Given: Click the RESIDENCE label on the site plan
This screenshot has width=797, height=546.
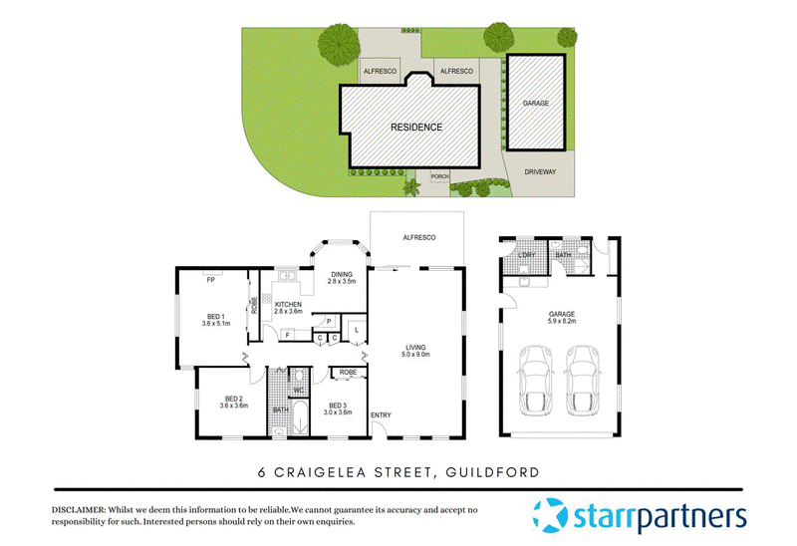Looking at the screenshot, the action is point(416,128).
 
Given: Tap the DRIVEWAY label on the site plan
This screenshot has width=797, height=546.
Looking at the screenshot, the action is point(540,171).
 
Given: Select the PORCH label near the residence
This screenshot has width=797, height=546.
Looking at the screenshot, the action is point(439,176).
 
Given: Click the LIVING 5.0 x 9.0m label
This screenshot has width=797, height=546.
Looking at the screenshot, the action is point(415,351).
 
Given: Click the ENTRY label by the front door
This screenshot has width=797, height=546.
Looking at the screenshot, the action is point(381,415).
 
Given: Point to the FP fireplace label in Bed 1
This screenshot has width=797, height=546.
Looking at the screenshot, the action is point(211,280).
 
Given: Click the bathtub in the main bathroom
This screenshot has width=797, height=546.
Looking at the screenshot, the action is point(300,417).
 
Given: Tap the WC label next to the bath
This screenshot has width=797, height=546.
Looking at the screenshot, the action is point(298,390).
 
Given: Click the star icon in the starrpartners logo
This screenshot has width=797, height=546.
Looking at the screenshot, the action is point(550,515).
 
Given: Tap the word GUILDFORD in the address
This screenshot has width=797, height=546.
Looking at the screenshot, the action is point(492,472).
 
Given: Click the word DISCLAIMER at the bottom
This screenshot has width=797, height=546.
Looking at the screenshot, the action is point(79,510).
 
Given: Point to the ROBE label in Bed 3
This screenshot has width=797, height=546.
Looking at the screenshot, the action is point(348,373).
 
